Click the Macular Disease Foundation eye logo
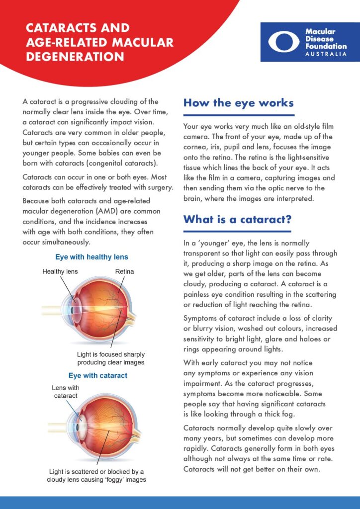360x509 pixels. click(284, 42)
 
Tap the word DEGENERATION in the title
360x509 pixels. click(75, 57)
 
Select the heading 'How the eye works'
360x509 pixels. click(238, 103)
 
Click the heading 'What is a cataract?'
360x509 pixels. click(237, 219)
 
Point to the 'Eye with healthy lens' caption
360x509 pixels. click(91, 257)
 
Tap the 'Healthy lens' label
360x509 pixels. click(60, 272)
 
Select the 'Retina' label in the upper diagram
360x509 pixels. click(124, 272)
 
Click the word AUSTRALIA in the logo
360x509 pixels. click(326, 54)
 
